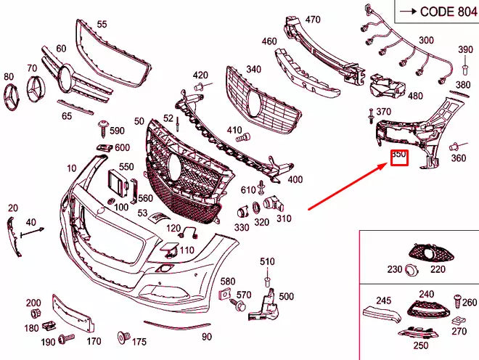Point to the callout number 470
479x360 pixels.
(x=312, y=20)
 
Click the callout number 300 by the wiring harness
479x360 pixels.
(x=426, y=40)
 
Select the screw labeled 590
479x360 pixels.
(x=103, y=130)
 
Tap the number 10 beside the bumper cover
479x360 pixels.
(x=71, y=168)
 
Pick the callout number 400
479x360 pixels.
(x=295, y=179)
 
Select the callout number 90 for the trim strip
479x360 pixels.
(x=207, y=337)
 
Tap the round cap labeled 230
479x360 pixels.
(x=411, y=270)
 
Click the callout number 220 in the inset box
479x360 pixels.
(x=438, y=269)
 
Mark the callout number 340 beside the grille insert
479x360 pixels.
(x=253, y=70)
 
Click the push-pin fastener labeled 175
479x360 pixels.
(x=123, y=337)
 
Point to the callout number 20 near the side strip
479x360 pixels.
(x=12, y=208)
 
